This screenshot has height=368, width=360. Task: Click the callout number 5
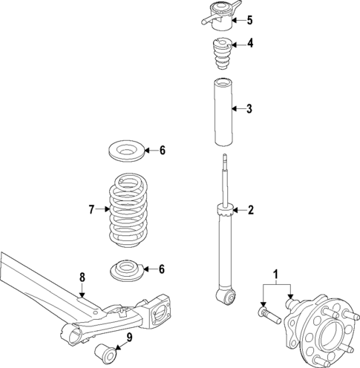(x=249, y=20)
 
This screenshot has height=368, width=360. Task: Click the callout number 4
(x=249, y=43)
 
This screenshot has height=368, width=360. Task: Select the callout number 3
(x=249, y=109)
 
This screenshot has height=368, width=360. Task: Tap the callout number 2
(x=250, y=210)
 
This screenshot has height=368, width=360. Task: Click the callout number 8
(x=82, y=277)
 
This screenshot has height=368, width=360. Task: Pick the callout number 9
(x=129, y=339)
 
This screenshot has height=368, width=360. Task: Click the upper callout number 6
(x=162, y=151)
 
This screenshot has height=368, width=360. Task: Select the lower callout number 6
(x=162, y=269)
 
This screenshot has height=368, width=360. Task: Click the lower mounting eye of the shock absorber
(x=227, y=298)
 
